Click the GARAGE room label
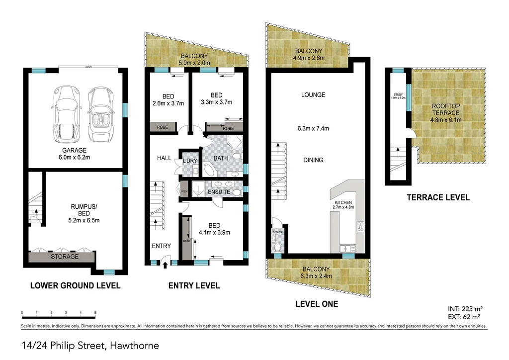click(x=74, y=150)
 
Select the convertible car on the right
click(x=100, y=114)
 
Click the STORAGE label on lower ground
click(x=65, y=257)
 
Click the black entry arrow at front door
click(x=165, y=266)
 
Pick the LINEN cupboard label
click(x=183, y=191)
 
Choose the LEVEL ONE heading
click(x=316, y=304)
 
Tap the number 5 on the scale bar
click(x=95, y=313)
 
